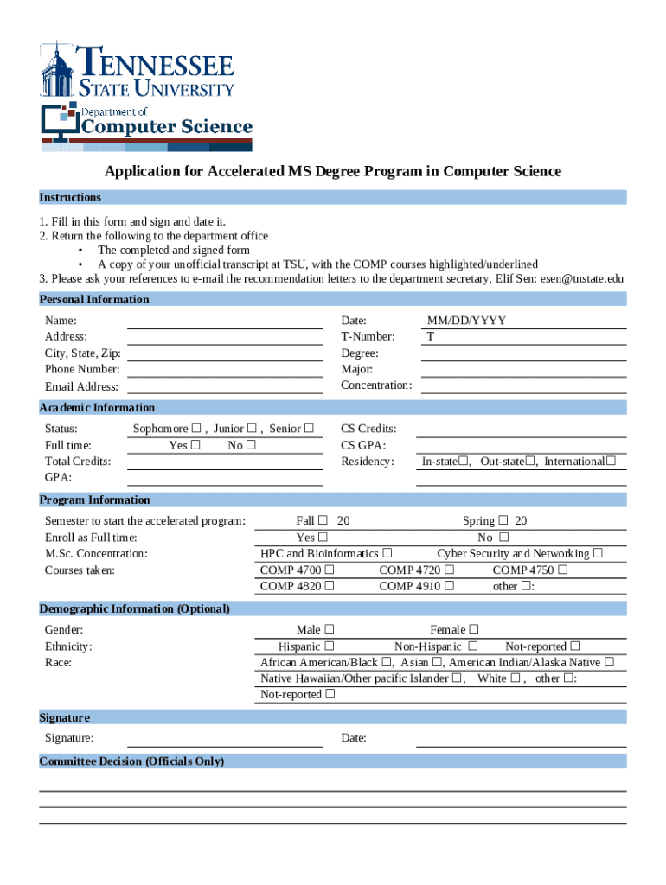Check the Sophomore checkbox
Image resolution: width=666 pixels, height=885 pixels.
click(196, 429)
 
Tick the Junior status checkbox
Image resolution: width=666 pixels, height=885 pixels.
click(252, 429)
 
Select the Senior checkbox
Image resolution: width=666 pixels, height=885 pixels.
click(309, 429)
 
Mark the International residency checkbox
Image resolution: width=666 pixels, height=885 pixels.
click(611, 462)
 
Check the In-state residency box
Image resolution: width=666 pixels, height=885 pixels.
click(464, 462)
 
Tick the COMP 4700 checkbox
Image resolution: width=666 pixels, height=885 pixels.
click(329, 570)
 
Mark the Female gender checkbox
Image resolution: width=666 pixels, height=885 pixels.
click(474, 630)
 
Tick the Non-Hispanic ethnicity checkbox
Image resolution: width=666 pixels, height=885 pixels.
click(473, 646)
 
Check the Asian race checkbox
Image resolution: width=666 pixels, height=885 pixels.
click(438, 663)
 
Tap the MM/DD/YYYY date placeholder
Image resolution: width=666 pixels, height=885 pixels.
click(467, 321)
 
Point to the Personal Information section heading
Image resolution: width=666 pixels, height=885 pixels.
click(94, 300)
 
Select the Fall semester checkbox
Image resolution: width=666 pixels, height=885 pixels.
click(323, 521)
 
